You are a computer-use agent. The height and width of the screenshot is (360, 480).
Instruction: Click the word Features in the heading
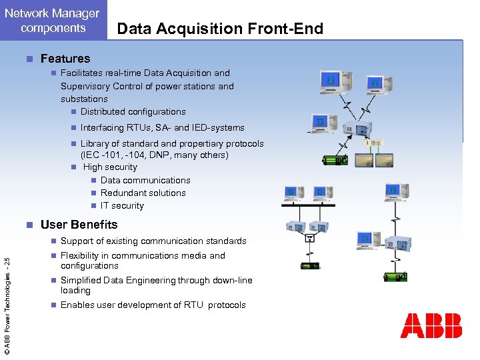(x=65, y=59)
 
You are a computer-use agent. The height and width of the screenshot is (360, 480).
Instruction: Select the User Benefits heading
(x=79, y=225)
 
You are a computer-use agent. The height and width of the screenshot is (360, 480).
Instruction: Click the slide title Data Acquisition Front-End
(x=220, y=28)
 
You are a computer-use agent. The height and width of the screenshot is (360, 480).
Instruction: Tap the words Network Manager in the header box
(x=53, y=13)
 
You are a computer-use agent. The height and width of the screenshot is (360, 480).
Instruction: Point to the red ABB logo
(x=431, y=326)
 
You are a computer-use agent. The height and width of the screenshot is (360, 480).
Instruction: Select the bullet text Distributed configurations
(x=133, y=112)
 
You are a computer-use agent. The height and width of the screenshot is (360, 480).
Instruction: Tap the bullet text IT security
(x=122, y=206)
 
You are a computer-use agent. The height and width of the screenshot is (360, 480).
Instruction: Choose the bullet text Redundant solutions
(x=143, y=193)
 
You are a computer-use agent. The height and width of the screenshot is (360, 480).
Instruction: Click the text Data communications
(x=145, y=181)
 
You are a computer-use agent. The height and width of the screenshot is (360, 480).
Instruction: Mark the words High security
(x=110, y=167)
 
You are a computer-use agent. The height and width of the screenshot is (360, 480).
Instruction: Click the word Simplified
(x=83, y=281)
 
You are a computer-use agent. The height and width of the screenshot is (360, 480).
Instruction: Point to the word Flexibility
(x=83, y=256)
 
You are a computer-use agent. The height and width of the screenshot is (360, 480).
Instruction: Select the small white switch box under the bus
(x=309, y=237)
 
